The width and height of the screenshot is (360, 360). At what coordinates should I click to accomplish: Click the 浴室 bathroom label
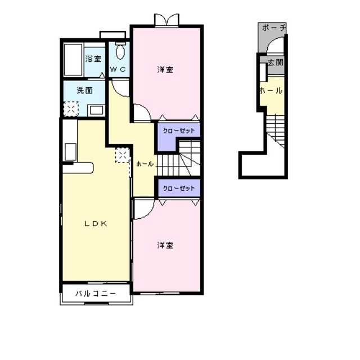[93, 58]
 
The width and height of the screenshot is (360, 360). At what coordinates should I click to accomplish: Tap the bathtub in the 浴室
[73, 58]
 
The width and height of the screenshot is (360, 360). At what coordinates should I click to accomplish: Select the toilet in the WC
[120, 53]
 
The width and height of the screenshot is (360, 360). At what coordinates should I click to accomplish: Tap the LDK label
[96, 223]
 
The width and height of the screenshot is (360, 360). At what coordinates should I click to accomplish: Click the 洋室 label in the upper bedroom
[165, 70]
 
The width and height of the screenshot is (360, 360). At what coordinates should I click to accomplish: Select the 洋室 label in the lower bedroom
[165, 245]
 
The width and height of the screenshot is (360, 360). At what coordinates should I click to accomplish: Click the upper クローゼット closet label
[179, 130]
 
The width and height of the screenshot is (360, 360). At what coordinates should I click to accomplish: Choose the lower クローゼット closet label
[179, 188]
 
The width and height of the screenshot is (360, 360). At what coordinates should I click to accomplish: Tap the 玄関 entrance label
[275, 62]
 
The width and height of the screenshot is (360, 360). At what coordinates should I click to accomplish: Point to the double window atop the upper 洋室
[166, 20]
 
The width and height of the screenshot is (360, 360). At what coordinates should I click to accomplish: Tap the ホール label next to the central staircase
[145, 164]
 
